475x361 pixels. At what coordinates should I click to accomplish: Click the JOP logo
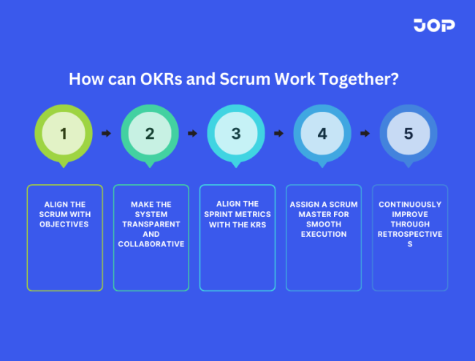(x=433, y=26)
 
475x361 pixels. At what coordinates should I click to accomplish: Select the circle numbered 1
(x=64, y=134)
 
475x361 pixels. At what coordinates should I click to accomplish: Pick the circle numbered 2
(x=150, y=134)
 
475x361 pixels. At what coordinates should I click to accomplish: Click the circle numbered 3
(x=236, y=134)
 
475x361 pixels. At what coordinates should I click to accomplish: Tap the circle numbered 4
(x=322, y=134)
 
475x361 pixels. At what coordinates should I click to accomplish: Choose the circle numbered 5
(x=408, y=134)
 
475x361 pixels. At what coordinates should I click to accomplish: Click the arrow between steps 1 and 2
(x=107, y=134)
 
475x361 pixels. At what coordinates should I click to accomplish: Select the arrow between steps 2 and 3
(x=193, y=134)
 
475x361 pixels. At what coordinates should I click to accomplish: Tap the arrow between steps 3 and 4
(x=279, y=134)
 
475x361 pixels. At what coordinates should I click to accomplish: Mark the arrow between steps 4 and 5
(x=365, y=134)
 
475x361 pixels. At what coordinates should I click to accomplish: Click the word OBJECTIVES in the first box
(x=64, y=224)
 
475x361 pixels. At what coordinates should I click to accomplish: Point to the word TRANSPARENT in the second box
(x=151, y=224)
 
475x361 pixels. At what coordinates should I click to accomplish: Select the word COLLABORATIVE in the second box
(x=151, y=244)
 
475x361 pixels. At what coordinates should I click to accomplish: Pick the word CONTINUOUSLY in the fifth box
(x=410, y=205)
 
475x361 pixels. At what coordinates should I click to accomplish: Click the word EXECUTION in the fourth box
(x=324, y=235)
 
